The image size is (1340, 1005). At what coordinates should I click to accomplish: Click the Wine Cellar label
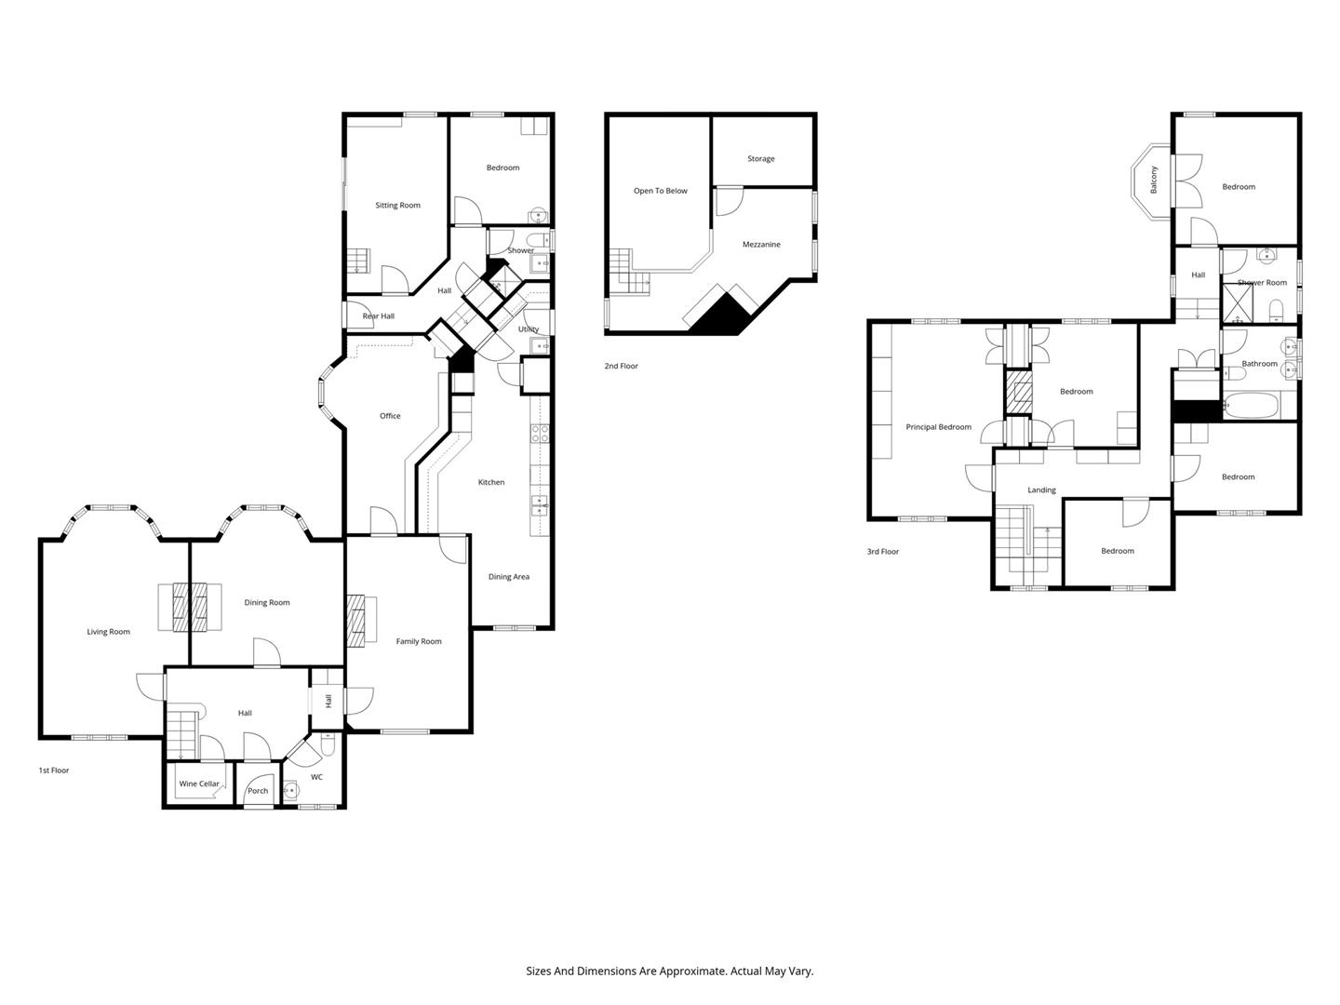(x=199, y=784)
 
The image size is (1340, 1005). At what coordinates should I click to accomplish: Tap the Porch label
(x=258, y=791)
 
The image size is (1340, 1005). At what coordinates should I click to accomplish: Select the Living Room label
(x=108, y=632)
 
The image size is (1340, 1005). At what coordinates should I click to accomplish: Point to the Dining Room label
(x=267, y=602)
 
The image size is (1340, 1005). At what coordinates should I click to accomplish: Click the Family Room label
(x=418, y=641)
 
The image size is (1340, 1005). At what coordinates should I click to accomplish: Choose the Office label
(x=390, y=416)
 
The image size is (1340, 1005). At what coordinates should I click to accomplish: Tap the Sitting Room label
(x=397, y=205)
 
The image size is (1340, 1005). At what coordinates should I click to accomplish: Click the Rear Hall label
(x=379, y=316)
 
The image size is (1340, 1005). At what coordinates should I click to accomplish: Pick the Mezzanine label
(x=761, y=244)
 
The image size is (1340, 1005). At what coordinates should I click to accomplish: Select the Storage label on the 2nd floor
(x=760, y=158)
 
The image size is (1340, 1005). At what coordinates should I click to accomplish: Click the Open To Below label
(x=660, y=191)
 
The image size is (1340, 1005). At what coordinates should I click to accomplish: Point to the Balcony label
(x=1153, y=180)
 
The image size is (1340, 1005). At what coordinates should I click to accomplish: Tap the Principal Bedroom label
(x=938, y=427)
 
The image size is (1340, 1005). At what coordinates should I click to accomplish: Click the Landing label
(x=1041, y=490)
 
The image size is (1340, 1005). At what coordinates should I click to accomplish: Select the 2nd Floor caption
(x=621, y=366)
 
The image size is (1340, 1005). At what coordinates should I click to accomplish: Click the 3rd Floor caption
(x=883, y=552)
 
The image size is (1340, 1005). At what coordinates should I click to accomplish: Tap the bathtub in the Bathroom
(x=1251, y=406)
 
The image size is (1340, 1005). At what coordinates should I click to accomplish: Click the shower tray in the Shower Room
(x=1237, y=303)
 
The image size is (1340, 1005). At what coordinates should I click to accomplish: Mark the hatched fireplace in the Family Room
(x=355, y=621)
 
